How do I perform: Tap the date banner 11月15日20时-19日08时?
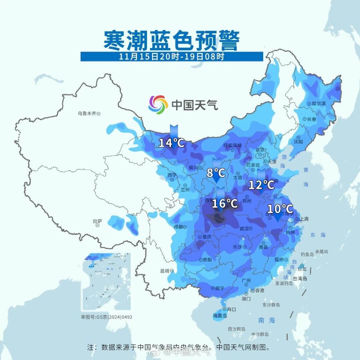pos(172,57)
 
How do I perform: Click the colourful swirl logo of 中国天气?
pos(157,104)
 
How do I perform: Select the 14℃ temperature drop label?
pos(171,142)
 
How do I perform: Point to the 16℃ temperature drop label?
pos(225,204)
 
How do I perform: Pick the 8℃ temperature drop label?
pos(216,173)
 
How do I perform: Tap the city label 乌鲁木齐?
pos(87,112)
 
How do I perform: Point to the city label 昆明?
pos(165,270)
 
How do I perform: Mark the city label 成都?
pos(178,226)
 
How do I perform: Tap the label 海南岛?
pos(220,316)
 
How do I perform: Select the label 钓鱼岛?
pos(307,254)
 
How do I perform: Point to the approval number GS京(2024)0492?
pos(106,317)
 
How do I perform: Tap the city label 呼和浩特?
pos(232,145)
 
